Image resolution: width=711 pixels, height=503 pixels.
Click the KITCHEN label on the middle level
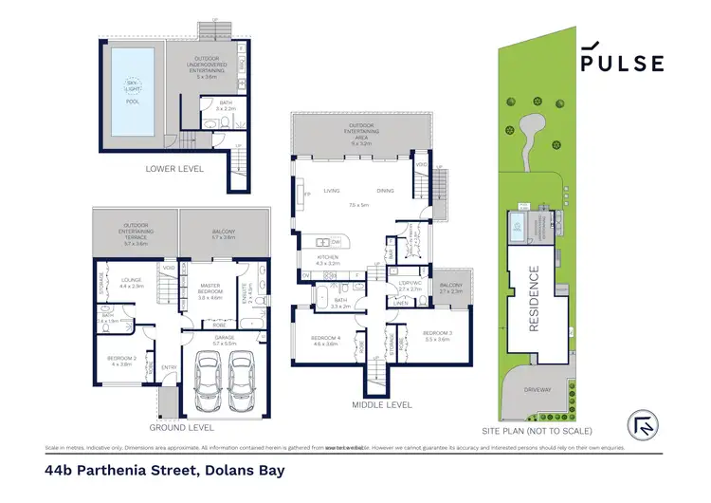click(326, 257)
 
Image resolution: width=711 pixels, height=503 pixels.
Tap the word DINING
click(385, 190)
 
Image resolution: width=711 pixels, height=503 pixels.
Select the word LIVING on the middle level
click(331, 190)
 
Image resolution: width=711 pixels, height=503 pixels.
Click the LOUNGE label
click(132, 280)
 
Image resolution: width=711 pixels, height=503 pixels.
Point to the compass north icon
click(642, 424)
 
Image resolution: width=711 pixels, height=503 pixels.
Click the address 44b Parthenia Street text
click(164, 470)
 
